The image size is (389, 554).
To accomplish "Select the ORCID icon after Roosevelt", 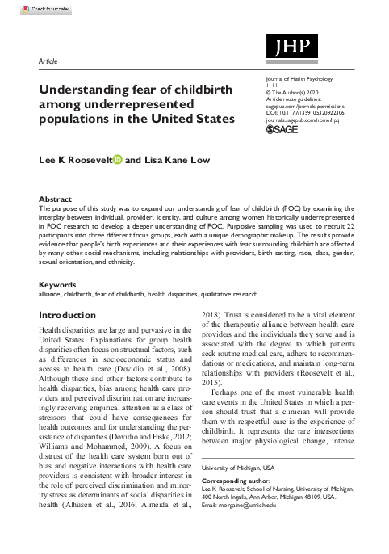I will pos(118,159).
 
